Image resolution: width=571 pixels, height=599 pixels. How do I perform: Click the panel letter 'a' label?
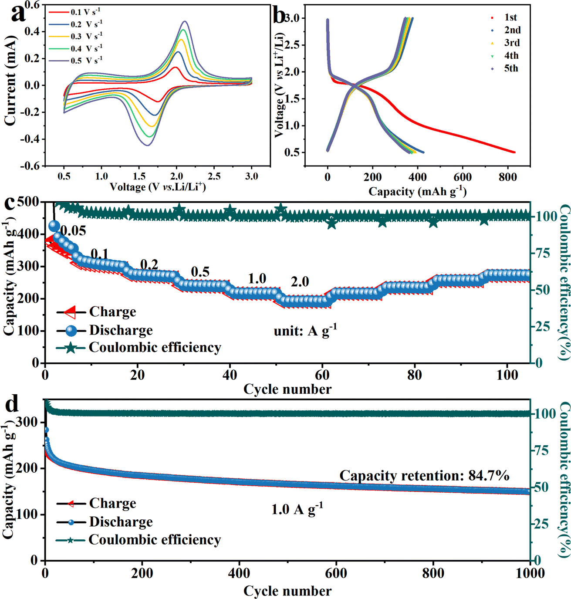18,14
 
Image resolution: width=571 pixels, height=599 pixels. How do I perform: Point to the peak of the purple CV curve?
185,21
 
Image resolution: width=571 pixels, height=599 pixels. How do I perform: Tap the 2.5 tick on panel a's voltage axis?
214,176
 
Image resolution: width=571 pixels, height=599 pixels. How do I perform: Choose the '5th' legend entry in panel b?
511,68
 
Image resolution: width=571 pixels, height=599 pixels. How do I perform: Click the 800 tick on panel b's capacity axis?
507,177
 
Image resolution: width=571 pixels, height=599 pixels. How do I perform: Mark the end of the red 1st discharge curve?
514,152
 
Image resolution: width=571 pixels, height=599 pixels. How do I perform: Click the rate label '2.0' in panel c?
300,282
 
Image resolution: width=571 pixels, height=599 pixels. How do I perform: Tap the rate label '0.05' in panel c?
73,231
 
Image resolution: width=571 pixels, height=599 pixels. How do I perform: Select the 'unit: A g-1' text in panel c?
305,331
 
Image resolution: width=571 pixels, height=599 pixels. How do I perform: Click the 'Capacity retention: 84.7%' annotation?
424,475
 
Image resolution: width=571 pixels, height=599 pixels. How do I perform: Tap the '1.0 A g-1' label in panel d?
297,509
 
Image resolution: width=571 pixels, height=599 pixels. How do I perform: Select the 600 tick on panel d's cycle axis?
336,573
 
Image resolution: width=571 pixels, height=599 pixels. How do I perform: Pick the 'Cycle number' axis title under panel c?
287,389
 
